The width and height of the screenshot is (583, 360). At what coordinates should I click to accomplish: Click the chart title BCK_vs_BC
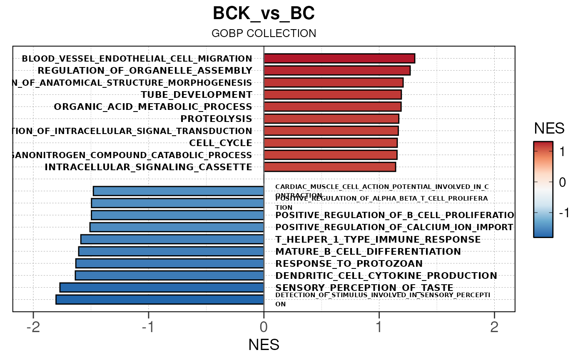[264, 14]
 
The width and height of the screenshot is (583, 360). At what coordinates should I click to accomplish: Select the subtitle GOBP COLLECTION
[264, 33]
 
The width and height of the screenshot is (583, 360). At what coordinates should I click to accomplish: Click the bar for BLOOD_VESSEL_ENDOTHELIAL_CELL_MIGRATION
[339, 58]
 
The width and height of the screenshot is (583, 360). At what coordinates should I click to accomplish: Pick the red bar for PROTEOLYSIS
[331, 119]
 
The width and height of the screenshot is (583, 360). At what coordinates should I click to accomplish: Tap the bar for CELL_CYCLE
[330, 143]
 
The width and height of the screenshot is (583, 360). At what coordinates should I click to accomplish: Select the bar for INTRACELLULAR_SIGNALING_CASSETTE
[329, 167]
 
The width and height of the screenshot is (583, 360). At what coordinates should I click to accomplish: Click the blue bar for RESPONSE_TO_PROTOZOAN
[169, 263]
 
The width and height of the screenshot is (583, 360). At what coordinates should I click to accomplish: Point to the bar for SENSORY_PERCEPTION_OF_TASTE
[162, 288]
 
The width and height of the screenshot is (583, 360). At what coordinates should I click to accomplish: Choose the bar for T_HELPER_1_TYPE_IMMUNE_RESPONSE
[172, 239]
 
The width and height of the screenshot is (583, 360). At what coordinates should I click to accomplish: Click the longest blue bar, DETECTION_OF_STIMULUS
[159, 299]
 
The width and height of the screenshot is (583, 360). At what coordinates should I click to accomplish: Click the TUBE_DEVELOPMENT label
[196, 94]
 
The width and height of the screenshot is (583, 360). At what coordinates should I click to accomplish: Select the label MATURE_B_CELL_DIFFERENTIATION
[368, 251]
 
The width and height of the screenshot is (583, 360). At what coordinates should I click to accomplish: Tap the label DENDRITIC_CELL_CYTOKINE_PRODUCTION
[386, 276]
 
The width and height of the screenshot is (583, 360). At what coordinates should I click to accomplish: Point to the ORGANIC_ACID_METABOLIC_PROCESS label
[153, 107]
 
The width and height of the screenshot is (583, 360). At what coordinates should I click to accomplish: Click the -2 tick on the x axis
[33, 328]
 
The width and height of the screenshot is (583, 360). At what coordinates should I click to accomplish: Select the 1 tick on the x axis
[379, 328]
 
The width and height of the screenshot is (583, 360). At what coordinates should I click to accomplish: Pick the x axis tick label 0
[264, 328]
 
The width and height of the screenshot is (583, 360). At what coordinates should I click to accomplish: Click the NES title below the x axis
[264, 345]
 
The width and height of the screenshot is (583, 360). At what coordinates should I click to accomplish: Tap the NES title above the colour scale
[549, 129]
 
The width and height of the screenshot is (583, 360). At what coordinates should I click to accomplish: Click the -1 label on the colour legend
[564, 213]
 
